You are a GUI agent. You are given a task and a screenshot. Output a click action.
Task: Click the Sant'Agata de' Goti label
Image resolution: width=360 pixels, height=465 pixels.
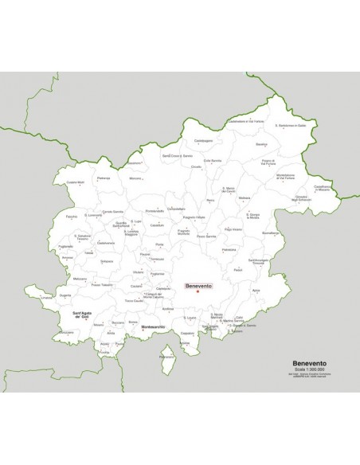[x=86, y=316]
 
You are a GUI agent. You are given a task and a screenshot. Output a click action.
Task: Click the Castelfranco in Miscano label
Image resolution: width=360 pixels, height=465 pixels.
[x=322, y=189]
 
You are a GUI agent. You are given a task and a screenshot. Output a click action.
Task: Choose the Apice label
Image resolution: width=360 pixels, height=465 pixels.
[x=256, y=291]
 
